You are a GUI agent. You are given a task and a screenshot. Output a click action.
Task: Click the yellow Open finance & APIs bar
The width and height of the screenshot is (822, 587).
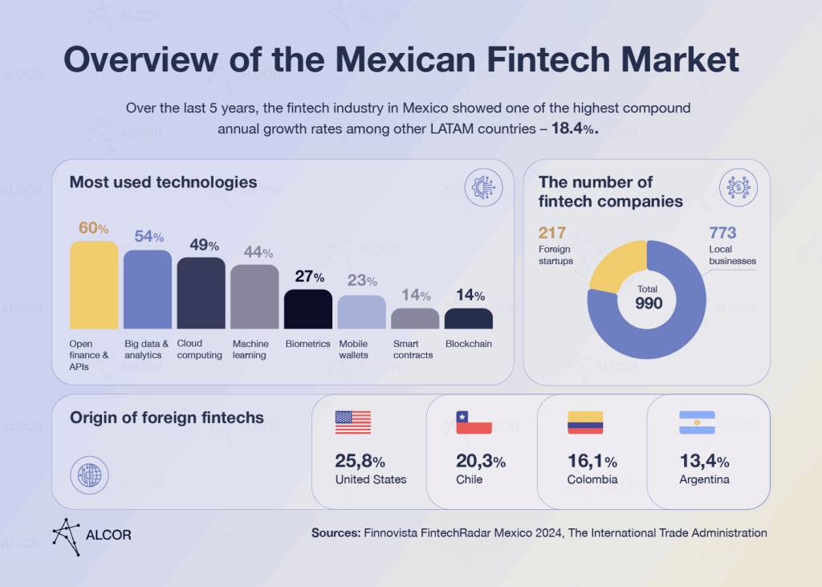[93, 285]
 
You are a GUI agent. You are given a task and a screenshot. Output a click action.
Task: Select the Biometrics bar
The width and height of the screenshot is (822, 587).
[308, 309]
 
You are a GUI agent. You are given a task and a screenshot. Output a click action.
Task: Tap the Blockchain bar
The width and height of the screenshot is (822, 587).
[469, 318]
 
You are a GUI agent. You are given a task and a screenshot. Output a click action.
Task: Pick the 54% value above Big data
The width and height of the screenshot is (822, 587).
[148, 236]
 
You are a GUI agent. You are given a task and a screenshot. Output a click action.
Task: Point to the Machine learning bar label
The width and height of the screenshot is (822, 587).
[250, 349]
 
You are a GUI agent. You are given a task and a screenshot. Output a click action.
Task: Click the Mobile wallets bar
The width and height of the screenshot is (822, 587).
[361, 312]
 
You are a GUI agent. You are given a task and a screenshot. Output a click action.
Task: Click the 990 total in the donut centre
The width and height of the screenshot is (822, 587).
[648, 303]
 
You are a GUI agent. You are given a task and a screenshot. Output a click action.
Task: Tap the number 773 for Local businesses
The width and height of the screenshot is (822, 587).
[723, 233]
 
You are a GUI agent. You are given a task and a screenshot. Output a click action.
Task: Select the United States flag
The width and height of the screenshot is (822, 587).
[353, 422]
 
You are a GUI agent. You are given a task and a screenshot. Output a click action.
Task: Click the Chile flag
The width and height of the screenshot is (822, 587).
[474, 422]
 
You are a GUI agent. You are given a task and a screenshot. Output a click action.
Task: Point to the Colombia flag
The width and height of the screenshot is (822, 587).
[585, 422]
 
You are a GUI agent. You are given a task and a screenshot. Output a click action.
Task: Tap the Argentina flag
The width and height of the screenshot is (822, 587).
[697, 422]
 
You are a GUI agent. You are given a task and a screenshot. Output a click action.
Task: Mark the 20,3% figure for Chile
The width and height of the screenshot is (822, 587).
[481, 462]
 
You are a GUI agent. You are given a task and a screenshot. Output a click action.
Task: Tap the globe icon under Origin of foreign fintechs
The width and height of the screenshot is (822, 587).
[87, 475]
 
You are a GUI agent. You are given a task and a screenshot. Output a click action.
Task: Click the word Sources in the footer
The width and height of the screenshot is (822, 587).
[336, 532]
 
